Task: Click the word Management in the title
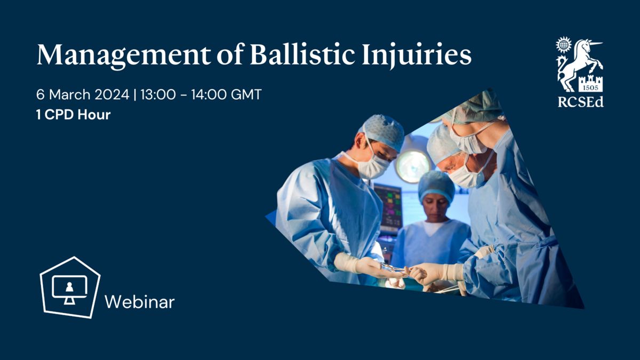point(123,55)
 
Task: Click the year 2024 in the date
point(111,94)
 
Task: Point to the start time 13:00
point(158,94)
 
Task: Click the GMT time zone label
point(246,94)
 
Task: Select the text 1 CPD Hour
point(74,115)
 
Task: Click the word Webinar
point(140,302)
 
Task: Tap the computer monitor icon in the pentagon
point(69,290)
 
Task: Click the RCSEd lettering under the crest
point(581,102)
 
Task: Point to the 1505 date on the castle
point(590,87)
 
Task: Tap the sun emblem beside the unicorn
point(563,45)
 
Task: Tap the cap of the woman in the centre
point(436,185)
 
